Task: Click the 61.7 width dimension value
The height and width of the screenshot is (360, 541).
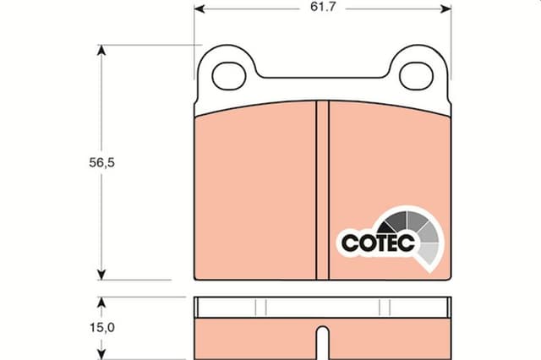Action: click(323, 7)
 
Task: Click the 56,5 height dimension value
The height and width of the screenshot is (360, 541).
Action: click(101, 162)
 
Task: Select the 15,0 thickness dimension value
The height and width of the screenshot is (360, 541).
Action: click(102, 327)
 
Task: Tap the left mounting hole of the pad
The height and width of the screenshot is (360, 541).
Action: click(229, 76)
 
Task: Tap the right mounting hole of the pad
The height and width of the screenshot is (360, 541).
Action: click(416, 76)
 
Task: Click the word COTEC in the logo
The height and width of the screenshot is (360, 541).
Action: click(378, 243)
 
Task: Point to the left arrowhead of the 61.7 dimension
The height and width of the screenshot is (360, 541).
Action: click(199, 9)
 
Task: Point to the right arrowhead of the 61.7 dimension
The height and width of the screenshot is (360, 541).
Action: click(445, 9)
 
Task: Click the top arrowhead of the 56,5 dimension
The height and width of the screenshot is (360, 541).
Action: click(101, 51)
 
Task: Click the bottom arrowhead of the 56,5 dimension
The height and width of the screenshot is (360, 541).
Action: click(101, 275)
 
